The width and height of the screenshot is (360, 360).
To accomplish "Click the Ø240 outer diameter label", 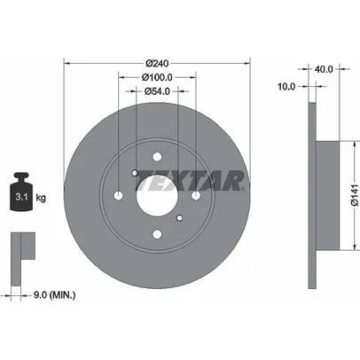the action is (158, 63).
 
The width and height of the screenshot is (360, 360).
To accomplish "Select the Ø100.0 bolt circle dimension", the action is (157, 77).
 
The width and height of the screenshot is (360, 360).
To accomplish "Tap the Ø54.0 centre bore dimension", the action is (157, 91).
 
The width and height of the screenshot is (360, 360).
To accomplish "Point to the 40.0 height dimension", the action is (324, 69).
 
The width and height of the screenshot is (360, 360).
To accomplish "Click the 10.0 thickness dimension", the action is (286, 87).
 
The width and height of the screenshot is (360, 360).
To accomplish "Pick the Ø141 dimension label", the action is (355, 195).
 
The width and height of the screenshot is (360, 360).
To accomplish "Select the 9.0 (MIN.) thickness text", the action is (54, 294).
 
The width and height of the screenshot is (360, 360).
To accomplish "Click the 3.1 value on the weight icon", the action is (21, 197).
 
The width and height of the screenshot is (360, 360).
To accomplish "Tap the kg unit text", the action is (41, 198).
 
